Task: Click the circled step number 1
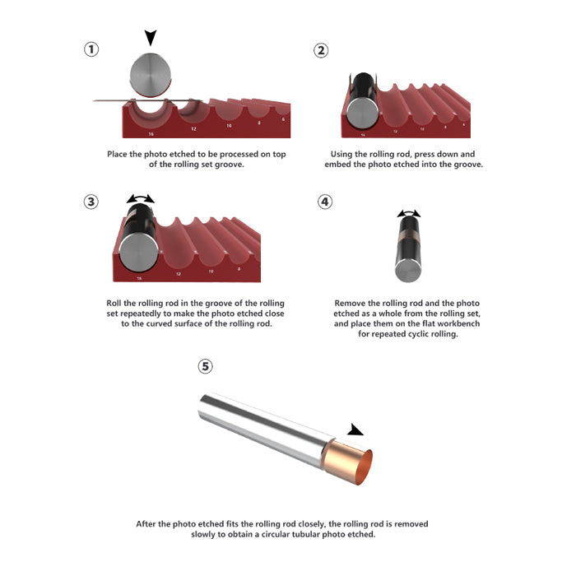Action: pyautogui.click(x=91, y=49)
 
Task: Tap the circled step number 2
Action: pyautogui.click(x=321, y=50)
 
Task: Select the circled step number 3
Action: pyautogui.click(x=91, y=202)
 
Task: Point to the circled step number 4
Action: pyautogui.click(x=325, y=202)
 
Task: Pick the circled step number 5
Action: pyautogui.click(x=206, y=366)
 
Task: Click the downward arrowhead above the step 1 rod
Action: pyautogui.click(x=151, y=38)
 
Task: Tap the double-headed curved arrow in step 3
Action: pyautogui.click(x=141, y=199)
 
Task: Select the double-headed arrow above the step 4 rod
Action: pyautogui.click(x=409, y=213)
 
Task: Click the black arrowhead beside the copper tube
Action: pyautogui.click(x=355, y=430)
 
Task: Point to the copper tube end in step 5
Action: pyautogui.click(x=348, y=462)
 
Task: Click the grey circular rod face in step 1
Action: pyautogui.click(x=151, y=75)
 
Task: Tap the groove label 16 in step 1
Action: pyautogui.click(x=151, y=134)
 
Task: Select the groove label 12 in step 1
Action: pyautogui.click(x=193, y=129)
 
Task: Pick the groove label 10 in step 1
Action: pyautogui.click(x=229, y=126)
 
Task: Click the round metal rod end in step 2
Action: pyautogui.click(x=362, y=114)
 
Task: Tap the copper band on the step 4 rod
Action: pyautogui.click(x=408, y=235)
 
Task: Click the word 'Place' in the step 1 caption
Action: pyautogui.click(x=117, y=154)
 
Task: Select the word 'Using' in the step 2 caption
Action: pyautogui.click(x=340, y=155)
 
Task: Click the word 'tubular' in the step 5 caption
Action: pyautogui.click(x=305, y=534)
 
